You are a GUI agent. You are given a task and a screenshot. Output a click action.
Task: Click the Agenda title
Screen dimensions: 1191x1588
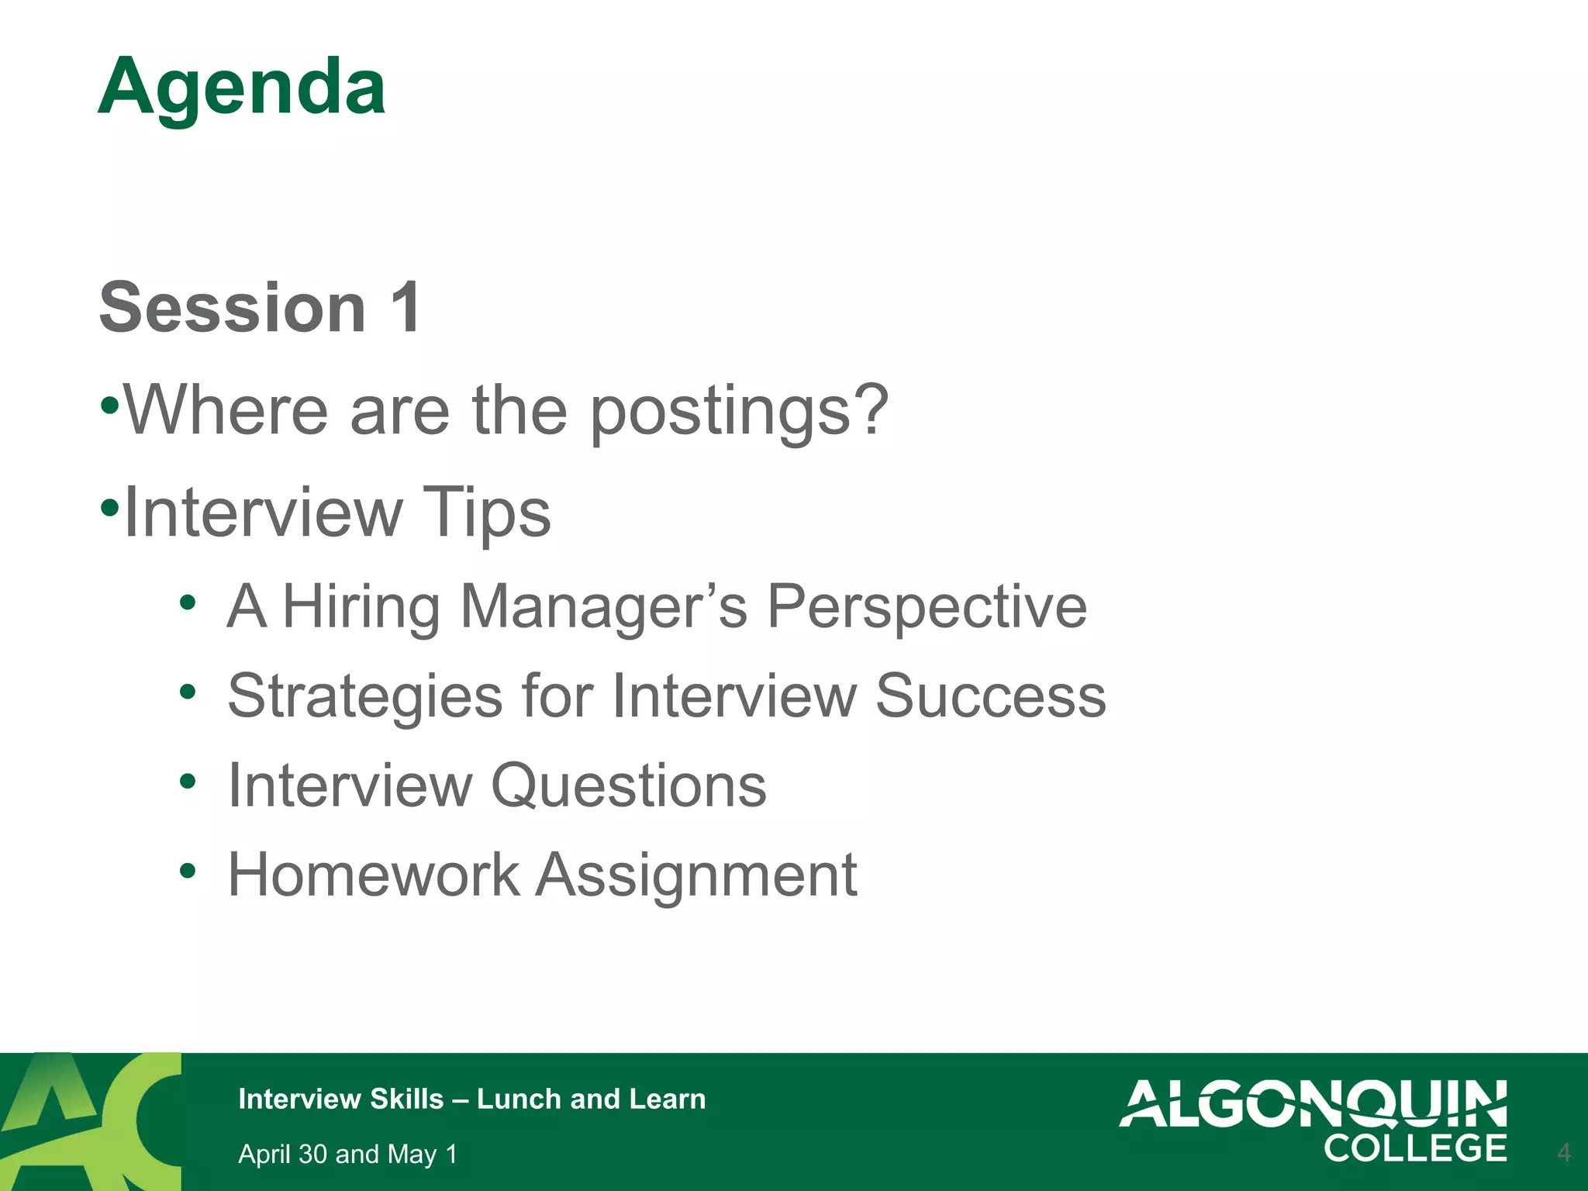pos(242,88)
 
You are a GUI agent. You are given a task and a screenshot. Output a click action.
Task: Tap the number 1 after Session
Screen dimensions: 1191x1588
pos(406,308)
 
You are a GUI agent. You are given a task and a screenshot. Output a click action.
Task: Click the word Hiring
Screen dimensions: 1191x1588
pos(361,606)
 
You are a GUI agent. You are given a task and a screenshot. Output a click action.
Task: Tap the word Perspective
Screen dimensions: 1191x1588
pos(927,606)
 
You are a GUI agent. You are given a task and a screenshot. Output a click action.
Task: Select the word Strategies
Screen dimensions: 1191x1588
pos(365,696)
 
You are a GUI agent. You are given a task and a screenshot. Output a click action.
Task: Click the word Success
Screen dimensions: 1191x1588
pos(990,696)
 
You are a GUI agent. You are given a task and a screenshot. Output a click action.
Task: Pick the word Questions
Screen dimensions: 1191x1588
pos(629,785)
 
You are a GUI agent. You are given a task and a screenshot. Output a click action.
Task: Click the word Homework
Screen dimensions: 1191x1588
pos(373,875)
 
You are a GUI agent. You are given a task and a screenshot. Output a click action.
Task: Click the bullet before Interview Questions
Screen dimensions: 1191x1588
pos(188,780)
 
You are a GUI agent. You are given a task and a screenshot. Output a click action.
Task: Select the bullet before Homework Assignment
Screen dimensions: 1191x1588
pos(188,870)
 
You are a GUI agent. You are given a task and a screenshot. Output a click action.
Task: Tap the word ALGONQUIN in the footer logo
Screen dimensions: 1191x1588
pos(1313,1103)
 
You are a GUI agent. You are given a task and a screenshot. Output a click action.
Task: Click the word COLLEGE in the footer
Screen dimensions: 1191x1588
pos(1415,1148)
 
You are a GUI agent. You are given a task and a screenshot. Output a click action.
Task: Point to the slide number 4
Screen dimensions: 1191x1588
pos(1563,1152)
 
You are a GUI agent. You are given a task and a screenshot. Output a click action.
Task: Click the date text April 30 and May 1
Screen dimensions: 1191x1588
pos(347,1154)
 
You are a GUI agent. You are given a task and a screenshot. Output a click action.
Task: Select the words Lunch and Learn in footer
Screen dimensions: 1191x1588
pos(591,1099)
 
